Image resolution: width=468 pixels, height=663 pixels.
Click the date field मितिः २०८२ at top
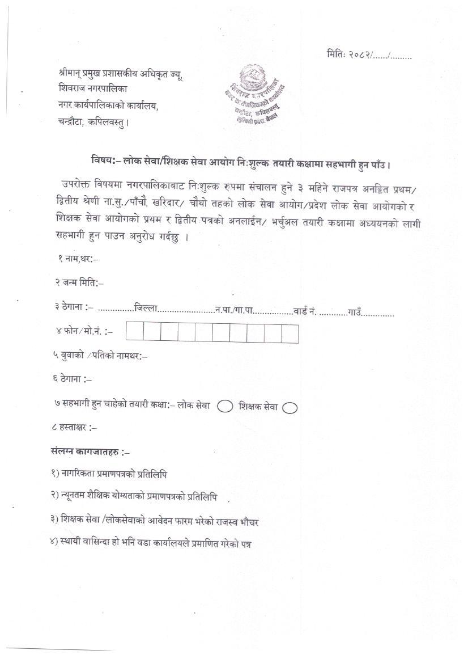tap(369, 55)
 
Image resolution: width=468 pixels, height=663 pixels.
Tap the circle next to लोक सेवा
tap(225, 406)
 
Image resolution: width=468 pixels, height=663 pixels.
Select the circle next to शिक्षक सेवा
tap(290, 407)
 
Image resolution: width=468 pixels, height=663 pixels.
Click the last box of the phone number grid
tap(290, 333)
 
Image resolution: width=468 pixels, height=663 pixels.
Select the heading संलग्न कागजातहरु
tap(91, 452)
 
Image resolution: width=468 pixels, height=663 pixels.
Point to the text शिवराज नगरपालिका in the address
tap(94, 88)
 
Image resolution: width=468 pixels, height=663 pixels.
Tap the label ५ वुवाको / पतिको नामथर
tap(101, 356)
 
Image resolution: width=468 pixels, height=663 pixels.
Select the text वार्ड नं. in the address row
tap(304, 311)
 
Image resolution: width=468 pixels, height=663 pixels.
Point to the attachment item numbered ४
tap(151, 543)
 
